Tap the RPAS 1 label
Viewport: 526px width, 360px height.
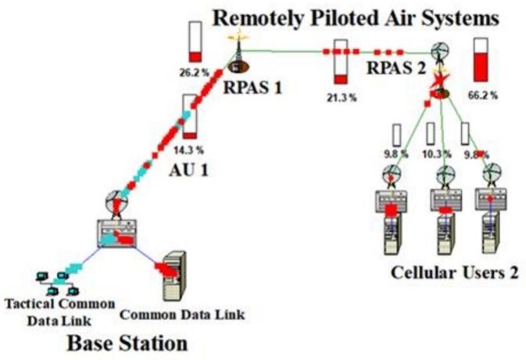[x=252, y=87]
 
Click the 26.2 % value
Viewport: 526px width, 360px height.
[x=194, y=73]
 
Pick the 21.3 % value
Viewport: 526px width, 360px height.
[x=342, y=98]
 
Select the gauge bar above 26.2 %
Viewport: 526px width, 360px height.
[x=195, y=43]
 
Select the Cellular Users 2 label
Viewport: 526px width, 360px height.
[x=455, y=273]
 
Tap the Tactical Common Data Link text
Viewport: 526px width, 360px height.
[x=58, y=309]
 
